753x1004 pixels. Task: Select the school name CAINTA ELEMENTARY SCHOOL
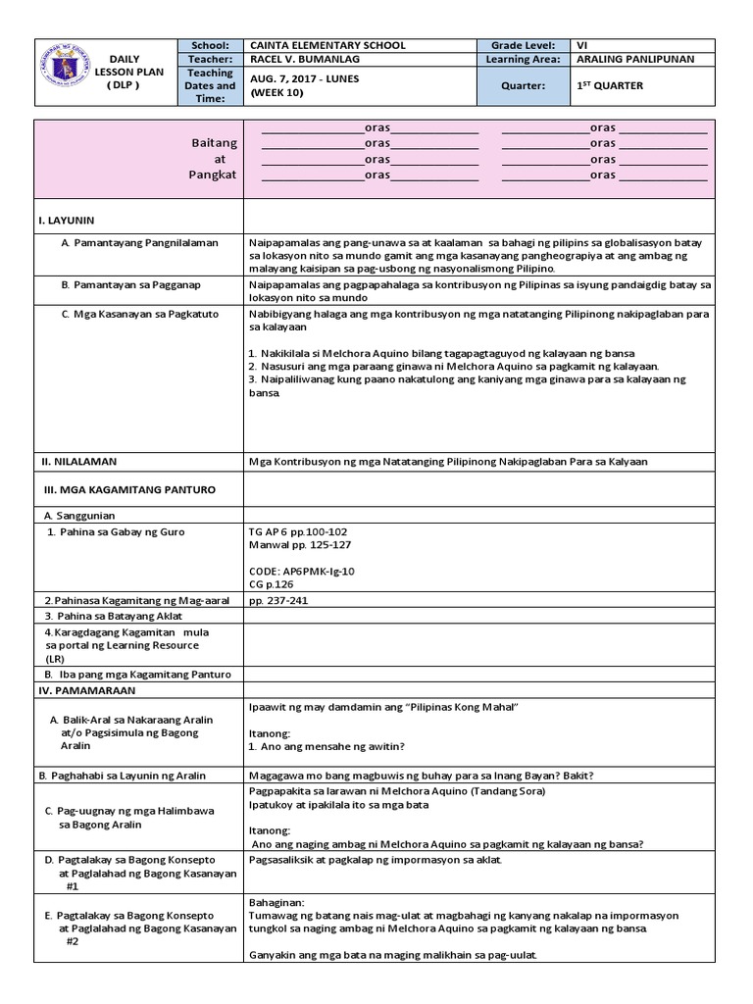[x=328, y=45]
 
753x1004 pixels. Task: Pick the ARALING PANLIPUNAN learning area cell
[x=634, y=59]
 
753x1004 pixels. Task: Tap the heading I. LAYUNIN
[x=67, y=221]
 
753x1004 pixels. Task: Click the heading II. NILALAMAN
[x=78, y=461]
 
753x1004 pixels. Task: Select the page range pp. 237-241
[x=279, y=599]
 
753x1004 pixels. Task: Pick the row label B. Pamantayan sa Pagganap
[x=130, y=284]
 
